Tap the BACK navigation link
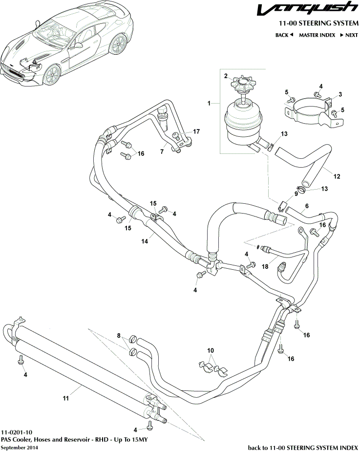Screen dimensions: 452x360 click(x=284, y=35)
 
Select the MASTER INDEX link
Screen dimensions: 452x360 click(x=317, y=35)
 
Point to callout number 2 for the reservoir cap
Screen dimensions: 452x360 click(x=226, y=76)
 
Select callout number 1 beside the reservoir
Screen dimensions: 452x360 click(x=209, y=103)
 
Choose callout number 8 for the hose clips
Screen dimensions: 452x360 click(x=118, y=335)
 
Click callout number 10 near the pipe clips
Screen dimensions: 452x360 click(x=211, y=351)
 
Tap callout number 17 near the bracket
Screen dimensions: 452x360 click(x=197, y=131)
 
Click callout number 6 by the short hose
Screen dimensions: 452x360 click(x=307, y=206)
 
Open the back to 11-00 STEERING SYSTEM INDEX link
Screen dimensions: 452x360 click(x=303, y=447)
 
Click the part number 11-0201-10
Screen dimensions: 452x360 click(x=17, y=432)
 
